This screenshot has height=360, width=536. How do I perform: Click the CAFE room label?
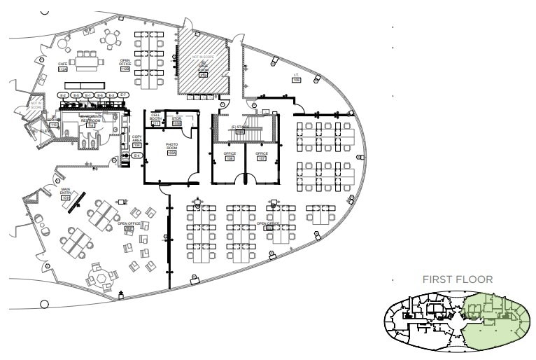coord(62,64)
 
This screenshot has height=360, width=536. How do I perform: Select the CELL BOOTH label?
coord(156,119)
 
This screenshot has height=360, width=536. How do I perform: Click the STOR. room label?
coord(177,120)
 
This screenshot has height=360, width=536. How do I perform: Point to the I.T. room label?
coord(297,76)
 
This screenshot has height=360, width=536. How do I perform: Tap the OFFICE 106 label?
coord(230,154)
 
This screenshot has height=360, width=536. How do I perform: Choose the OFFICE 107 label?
coord(262,154)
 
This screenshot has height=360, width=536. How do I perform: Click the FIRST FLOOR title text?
coord(458,279)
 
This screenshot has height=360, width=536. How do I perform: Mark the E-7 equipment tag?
coord(123,95)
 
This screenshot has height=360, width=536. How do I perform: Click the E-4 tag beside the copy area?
coord(137,155)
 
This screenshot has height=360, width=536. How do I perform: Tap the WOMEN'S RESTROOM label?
coord(91,119)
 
